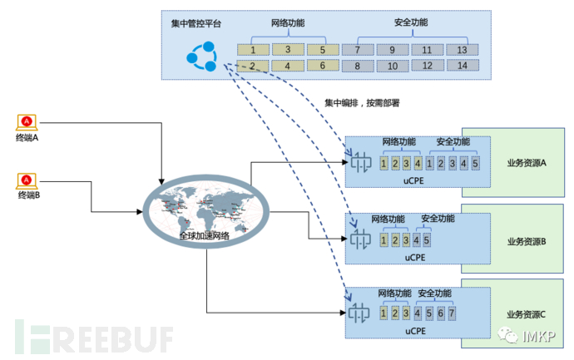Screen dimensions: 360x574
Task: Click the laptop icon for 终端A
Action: click(27, 122)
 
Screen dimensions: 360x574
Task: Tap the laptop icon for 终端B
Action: click(27, 179)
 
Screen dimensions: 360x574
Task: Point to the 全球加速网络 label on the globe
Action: click(204, 235)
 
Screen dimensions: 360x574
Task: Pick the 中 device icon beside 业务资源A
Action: click(360, 163)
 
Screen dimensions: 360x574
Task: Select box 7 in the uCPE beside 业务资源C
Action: click(452, 314)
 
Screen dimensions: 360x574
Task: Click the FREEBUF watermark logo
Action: click(92, 337)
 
